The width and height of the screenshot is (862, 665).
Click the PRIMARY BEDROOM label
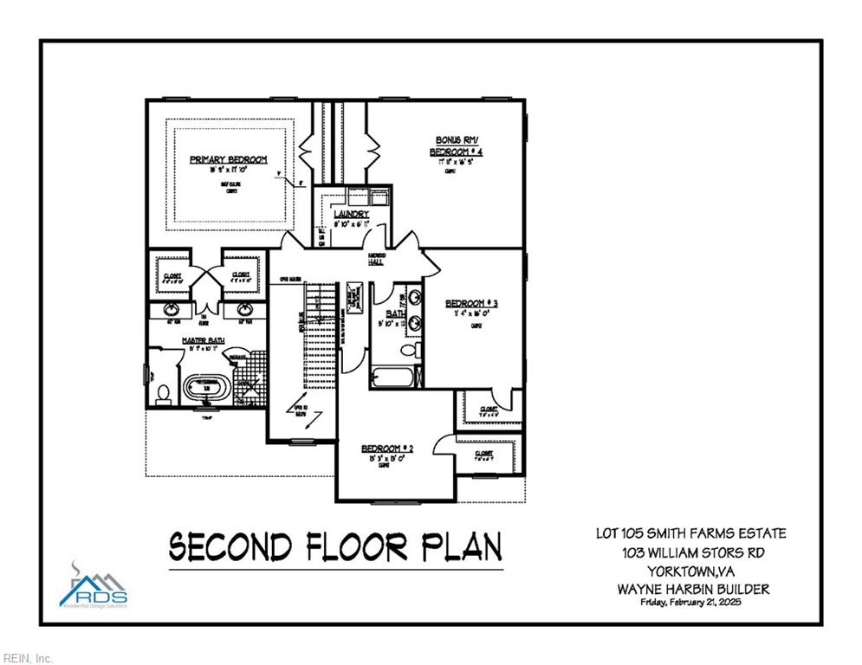pyautogui.click(x=228, y=159)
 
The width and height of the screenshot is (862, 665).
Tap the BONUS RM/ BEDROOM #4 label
pyautogui.click(x=456, y=145)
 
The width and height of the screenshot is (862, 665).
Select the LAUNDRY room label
pyautogui.click(x=351, y=214)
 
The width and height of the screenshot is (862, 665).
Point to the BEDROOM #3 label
pyautogui.click(x=472, y=303)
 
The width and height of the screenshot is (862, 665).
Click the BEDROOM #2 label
pyautogui.click(x=387, y=449)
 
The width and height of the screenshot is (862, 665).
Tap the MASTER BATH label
pyautogui.click(x=203, y=340)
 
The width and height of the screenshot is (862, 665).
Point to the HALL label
pyautogui.click(x=377, y=261)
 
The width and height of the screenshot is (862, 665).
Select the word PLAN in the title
pyautogui.click(x=462, y=547)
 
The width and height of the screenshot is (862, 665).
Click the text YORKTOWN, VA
pyautogui.click(x=692, y=571)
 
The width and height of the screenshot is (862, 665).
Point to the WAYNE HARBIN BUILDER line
pyautogui.click(x=693, y=590)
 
